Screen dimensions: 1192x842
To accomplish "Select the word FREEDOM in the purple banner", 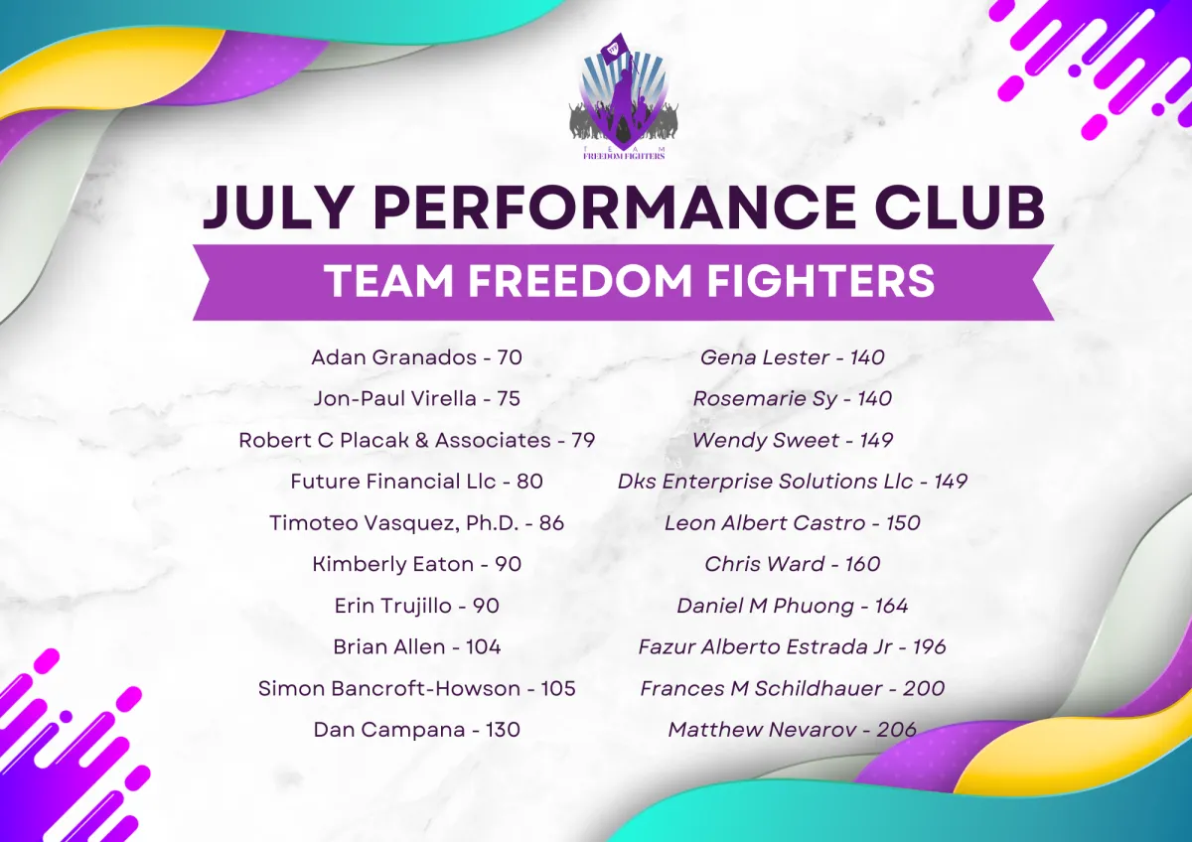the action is [x=579, y=281].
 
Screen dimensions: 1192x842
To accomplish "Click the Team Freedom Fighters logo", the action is [x=624, y=96].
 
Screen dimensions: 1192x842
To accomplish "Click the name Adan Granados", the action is [x=393, y=357].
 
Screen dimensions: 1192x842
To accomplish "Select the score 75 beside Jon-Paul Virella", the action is [x=509, y=399].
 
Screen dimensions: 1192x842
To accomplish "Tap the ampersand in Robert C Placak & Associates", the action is [x=421, y=441].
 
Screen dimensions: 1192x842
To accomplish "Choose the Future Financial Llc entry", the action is [x=416, y=482].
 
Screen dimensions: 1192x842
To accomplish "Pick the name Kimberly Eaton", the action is [x=392, y=564].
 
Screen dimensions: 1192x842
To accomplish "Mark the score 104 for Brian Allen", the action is [x=483, y=647].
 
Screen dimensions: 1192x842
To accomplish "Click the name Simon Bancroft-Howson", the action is [x=389, y=689].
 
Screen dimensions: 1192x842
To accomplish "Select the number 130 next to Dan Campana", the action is [x=503, y=730].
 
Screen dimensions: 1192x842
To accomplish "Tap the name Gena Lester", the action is [x=765, y=357].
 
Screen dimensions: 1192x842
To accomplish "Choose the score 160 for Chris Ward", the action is [x=862, y=564].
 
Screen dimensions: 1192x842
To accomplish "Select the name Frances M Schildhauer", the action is [x=761, y=689].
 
